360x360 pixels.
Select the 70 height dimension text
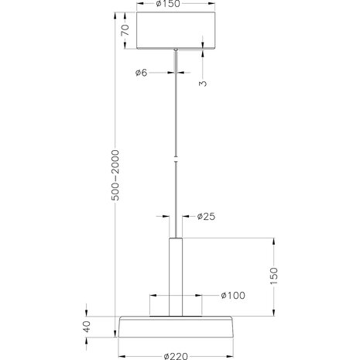125,30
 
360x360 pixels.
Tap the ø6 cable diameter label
140,73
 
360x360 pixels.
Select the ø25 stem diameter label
206,216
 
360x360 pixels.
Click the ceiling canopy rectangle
176,29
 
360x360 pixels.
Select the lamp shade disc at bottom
177,328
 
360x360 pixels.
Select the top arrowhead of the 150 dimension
272,242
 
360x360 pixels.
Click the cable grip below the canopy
176,51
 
